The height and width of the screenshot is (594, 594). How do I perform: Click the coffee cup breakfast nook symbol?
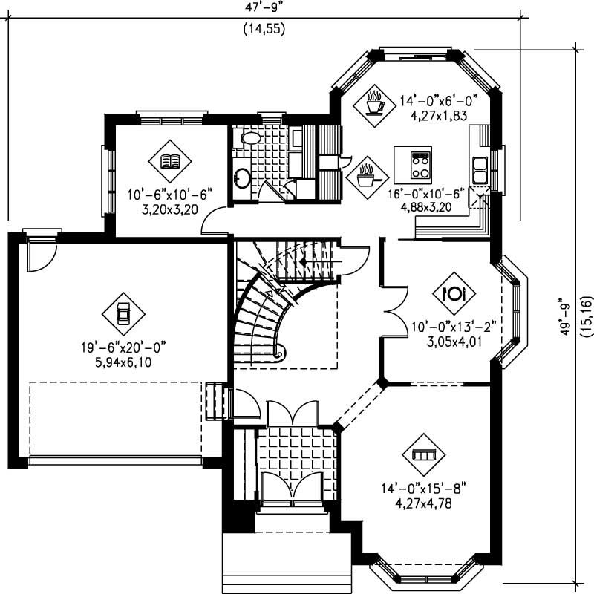point(374,102)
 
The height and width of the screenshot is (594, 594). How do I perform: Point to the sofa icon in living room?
point(422,454)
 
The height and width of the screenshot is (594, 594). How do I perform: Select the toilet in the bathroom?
point(250,138)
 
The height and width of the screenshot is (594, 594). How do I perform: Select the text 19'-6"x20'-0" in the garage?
point(123,347)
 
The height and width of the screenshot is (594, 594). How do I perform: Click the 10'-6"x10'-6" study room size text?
point(170,195)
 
